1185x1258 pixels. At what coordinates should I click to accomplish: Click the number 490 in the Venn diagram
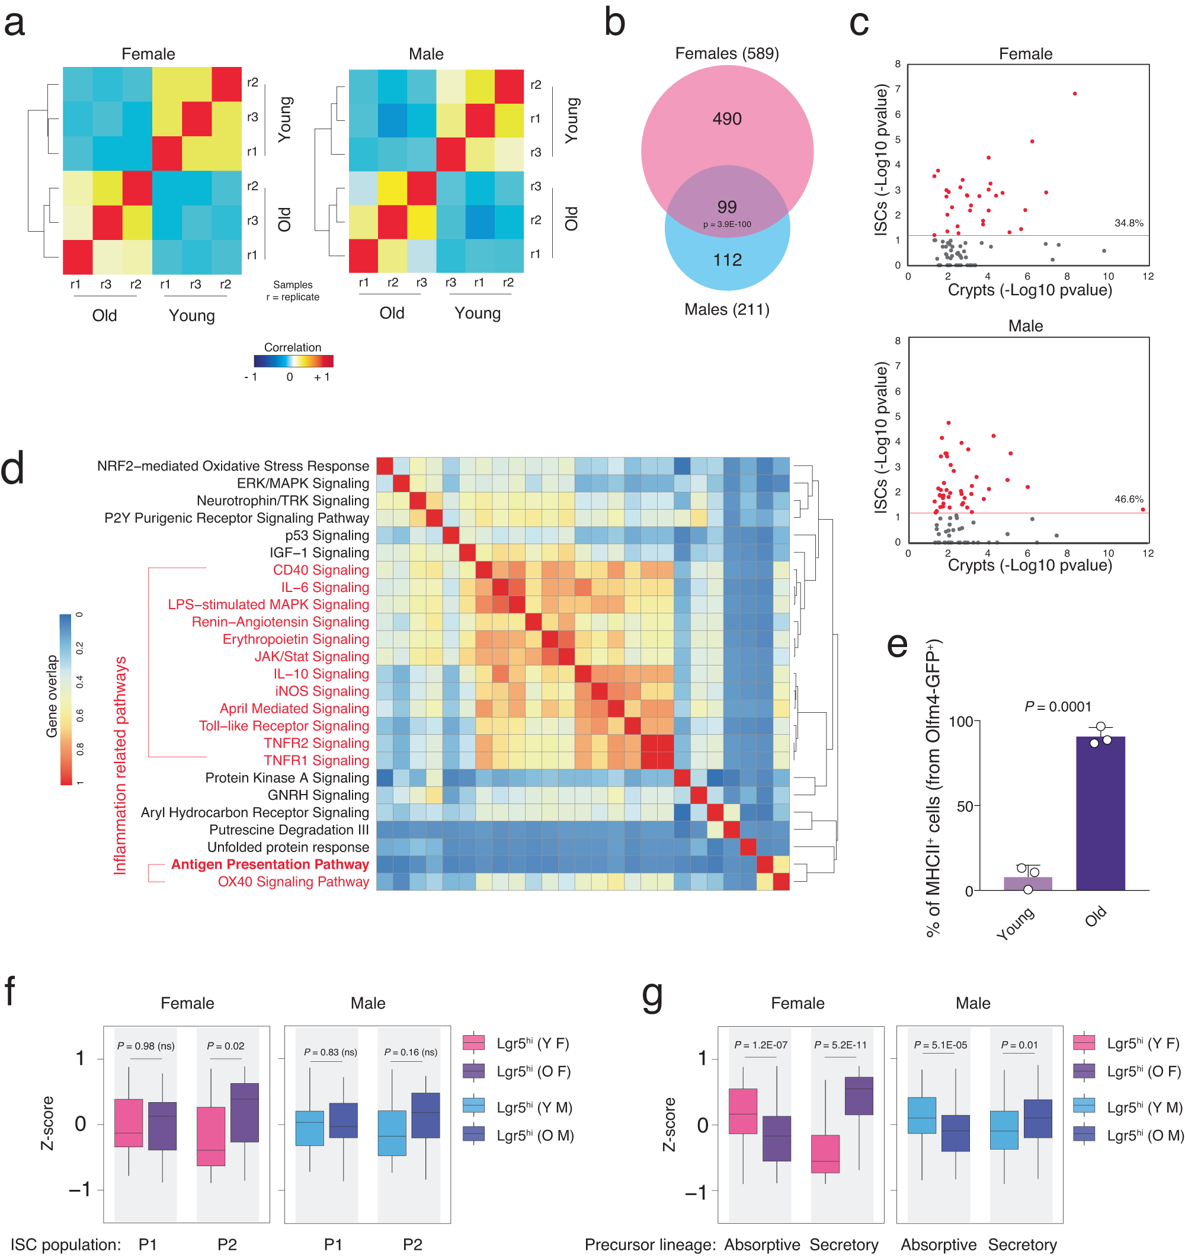pyautogui.click(x=726, y=119)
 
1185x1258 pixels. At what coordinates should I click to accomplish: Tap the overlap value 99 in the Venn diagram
pyautogui.click(x=726, y=207)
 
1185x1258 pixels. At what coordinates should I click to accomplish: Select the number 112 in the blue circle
pyautogui.click(x=727, y=260)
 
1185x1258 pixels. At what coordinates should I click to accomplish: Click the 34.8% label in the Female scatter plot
pyautogui.click(x=1128, y=223)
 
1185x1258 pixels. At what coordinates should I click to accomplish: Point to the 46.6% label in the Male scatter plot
pyautogui.click(x=1128, y=499)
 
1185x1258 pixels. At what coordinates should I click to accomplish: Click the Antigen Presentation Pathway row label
pyautogui.click(x=270, y=865)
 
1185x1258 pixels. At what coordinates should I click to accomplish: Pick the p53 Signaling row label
pyautogui.click(x=326, y=535)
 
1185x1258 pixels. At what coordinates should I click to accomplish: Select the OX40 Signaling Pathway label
pyautogui.click(x=293, y=882)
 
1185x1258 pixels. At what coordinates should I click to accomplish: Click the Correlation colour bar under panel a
pyautogui.click(x=293, y=361)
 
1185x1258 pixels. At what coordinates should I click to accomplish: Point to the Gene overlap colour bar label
pyautogui.click(x=52, y=696)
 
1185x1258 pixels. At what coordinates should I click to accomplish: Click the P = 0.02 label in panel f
pyautogui.click(x=225, y=1046)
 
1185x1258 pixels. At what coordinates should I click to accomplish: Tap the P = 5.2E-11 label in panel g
pyautogui.click(x=840, y=1045)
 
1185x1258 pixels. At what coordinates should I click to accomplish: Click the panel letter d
pyautogui.click(x=12, y=469)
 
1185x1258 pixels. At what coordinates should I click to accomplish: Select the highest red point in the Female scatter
pyautogui.click(x=1074, y=94)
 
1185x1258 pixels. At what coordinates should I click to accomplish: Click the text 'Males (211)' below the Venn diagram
pyautogui.click(x=726, y=309)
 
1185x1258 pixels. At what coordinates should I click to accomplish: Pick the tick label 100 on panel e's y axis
pyautogui.click(x=960, y=721)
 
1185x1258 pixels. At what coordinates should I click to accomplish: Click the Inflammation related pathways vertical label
pyautogui.click(x=120, y=766)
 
